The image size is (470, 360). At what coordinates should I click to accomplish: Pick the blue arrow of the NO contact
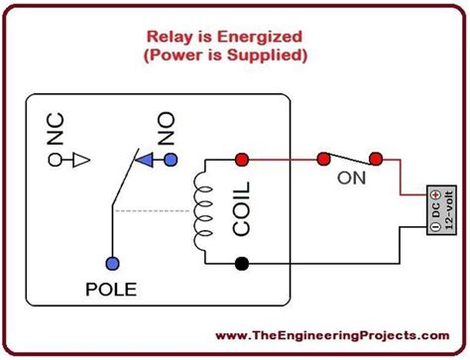pos(146,159)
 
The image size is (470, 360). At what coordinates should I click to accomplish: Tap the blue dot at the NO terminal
pos(171,159)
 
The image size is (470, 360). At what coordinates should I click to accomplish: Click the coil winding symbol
pos(207,211)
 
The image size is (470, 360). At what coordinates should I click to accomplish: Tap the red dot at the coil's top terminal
pos(240,159)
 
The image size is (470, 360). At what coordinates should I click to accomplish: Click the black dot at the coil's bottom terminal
pos(240,264)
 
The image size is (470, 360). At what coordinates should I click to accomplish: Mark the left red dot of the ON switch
pos(322,159)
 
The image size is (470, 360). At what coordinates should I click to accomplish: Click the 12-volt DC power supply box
pos(438,209)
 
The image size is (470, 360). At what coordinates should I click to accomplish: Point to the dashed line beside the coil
pos(154,210)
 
